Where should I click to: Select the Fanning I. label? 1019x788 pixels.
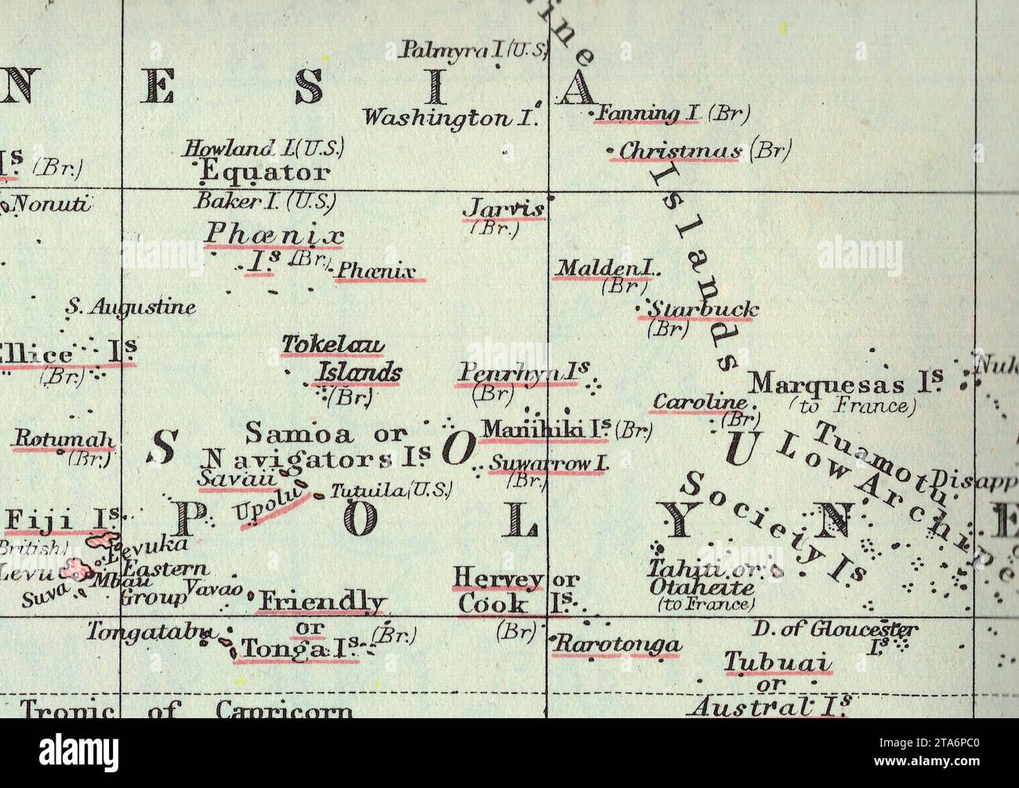click(x=647, y=114)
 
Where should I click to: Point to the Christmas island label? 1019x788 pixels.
click(x=680, y=151)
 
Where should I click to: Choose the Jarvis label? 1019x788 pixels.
click(x=504, y=209)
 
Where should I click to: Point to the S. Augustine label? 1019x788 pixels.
click(x=130, y=307)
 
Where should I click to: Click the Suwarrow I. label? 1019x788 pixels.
click(x=549, y=464)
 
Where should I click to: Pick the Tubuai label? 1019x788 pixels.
click(x=777, y=662)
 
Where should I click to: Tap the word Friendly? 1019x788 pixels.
click(x=321, y=601)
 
